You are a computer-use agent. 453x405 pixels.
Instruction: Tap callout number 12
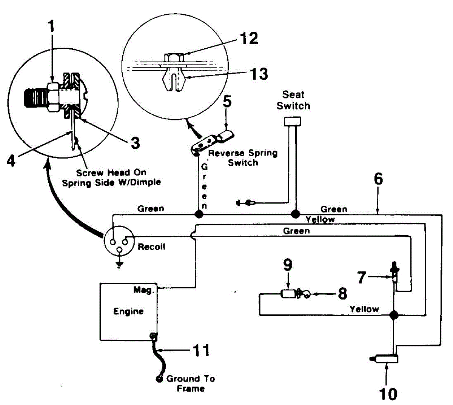[249, 38]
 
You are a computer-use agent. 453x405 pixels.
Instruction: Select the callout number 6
[378, 179]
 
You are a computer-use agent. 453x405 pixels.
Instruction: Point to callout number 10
[388, 394]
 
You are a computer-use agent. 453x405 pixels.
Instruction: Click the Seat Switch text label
[293, 100]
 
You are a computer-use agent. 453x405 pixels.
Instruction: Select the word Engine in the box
[128, 311]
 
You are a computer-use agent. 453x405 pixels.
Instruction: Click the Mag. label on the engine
[144, 290]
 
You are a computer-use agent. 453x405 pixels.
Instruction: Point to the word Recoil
[151, 247]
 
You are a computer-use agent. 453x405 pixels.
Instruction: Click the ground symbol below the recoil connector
[120, 265]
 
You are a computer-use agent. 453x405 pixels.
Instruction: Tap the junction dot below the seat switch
[295, 214]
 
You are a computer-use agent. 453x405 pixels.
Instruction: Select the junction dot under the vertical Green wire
[199, 214]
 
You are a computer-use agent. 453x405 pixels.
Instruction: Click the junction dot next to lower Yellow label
[394, 314]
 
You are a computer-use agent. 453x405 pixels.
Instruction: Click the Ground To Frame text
[191, 383]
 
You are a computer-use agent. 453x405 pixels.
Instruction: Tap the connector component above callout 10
[385, 359]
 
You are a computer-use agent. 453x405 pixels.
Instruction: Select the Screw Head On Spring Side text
[111, 177]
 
